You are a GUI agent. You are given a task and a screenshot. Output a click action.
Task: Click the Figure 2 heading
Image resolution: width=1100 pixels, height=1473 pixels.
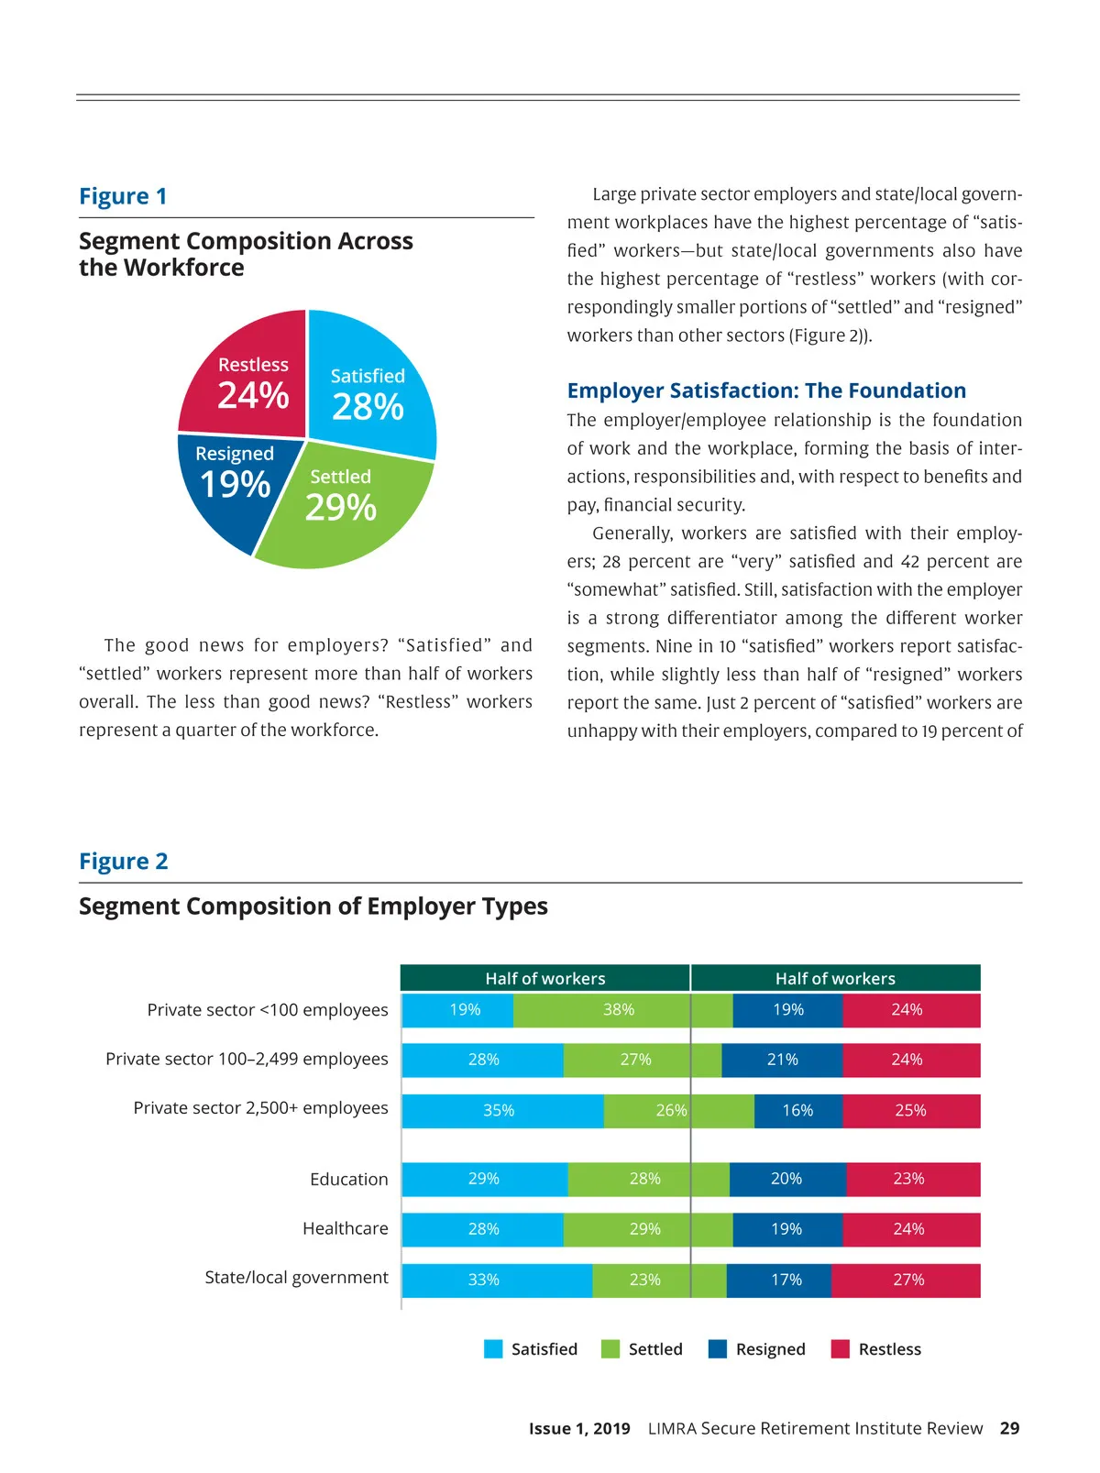point(124,862)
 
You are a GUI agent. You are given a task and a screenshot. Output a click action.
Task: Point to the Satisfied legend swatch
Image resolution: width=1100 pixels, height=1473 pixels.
point(493,1349)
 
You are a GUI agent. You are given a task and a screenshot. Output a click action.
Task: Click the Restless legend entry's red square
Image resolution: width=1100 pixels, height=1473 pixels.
point(840,1349)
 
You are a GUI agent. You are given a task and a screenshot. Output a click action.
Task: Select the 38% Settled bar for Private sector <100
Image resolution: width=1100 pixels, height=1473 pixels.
point(620,1010)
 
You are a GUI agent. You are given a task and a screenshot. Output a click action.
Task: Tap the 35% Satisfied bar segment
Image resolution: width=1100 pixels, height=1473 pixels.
point(500,1111)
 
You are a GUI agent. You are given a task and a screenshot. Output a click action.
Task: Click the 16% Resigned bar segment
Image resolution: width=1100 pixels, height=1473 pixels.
point(797,1111)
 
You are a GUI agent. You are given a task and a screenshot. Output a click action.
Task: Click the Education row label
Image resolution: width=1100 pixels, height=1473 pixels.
point(348,1180)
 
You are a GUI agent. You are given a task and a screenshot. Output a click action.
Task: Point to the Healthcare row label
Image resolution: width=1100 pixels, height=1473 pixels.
point(345,1229)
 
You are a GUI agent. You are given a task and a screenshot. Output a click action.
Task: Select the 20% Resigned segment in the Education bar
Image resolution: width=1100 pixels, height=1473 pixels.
point(786,1179)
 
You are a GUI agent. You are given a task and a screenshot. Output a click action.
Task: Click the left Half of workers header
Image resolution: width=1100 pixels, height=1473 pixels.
point(545,978)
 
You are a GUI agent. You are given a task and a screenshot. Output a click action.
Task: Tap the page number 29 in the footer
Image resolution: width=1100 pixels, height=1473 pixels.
point(1009,1428)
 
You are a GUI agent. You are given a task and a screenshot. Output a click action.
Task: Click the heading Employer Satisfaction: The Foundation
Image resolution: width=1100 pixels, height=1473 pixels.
point(766,390)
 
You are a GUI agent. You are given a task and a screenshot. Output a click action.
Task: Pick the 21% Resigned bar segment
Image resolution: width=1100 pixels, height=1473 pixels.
point(782,1060)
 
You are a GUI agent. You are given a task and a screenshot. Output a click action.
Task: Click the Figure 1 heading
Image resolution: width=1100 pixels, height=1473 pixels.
point(123,196)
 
